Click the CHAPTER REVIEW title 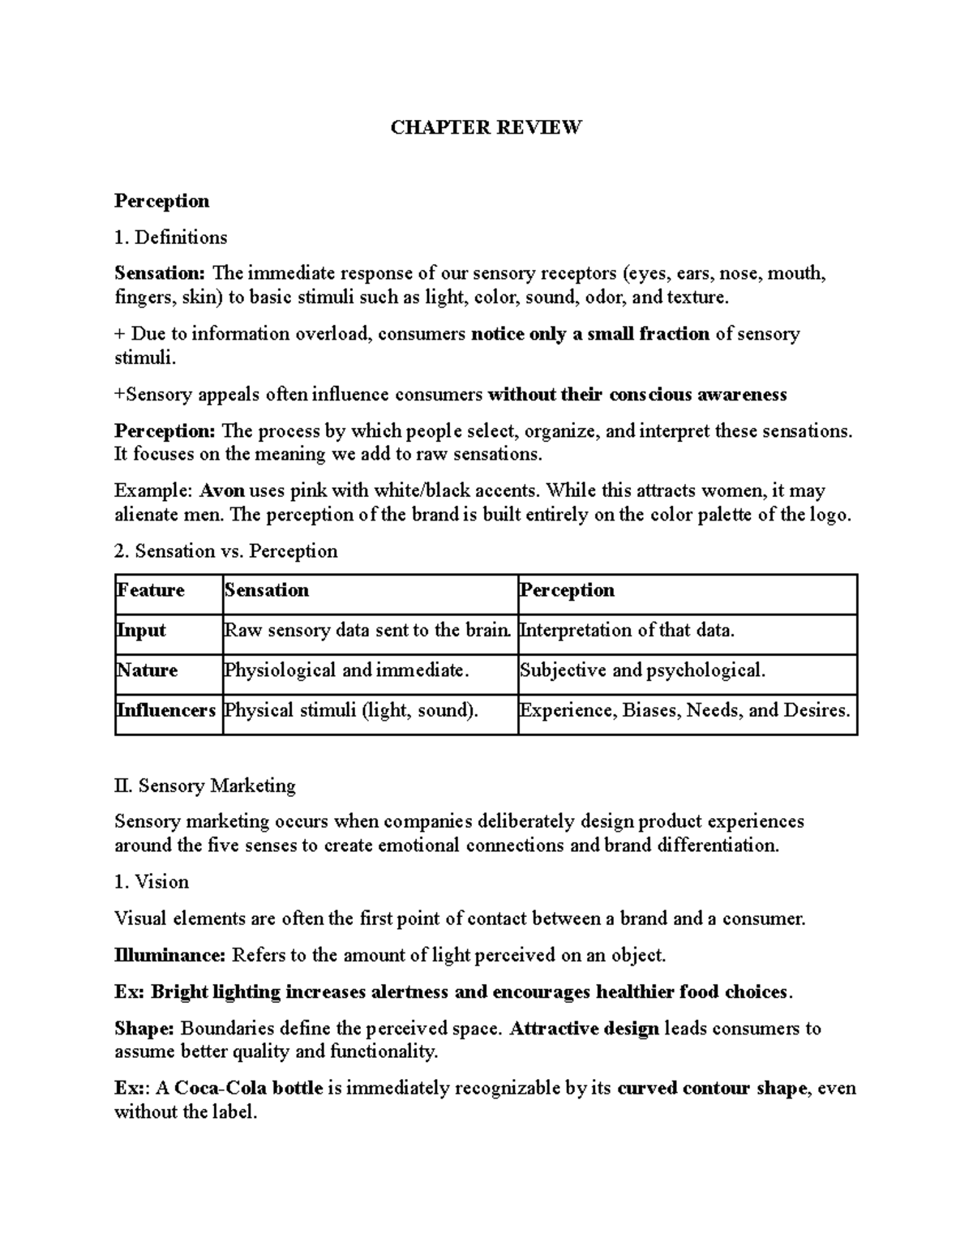486,127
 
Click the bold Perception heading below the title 161,200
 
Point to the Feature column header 151,590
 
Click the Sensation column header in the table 267,590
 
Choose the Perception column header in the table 567,590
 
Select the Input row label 141,631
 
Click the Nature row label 147,670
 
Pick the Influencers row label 166,710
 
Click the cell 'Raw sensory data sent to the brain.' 368,631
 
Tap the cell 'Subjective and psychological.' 642,670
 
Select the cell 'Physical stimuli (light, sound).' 351,710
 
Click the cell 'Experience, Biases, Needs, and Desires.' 685,710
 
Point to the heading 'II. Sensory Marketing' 205,785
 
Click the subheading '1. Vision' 152,881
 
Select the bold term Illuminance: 169,955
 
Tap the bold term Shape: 144,1028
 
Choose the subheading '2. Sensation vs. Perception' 225,551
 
